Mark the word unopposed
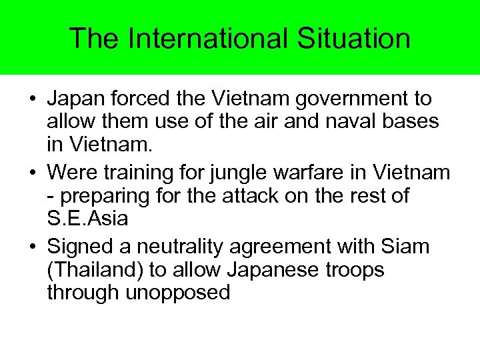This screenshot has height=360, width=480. [178, 293]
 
